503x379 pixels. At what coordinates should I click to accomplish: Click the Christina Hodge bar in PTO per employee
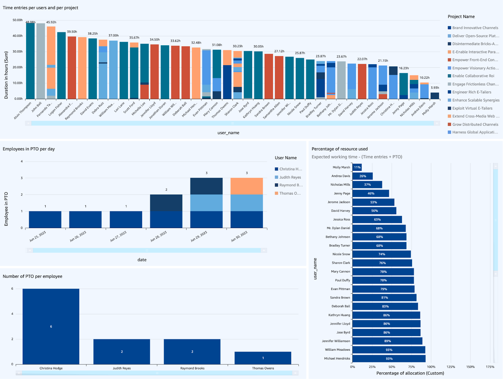(51, 326)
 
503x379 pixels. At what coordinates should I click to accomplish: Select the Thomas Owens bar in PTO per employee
(263, 358)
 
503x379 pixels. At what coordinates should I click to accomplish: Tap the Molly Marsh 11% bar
(357, 167)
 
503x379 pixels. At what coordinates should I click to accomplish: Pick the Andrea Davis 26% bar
(362, 176)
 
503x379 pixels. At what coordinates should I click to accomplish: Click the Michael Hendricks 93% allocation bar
(389, 359)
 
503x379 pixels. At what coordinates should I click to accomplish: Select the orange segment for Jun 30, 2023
(246, 186)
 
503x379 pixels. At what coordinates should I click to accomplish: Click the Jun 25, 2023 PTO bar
(45, 220)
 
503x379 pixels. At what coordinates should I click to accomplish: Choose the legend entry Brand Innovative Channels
(475, 28)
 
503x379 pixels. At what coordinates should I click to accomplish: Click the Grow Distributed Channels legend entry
(475, 125)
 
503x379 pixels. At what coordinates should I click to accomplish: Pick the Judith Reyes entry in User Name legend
(290, 177)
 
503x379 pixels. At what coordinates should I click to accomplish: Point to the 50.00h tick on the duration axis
(18, 20)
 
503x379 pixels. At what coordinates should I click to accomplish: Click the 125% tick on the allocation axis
(451, 367)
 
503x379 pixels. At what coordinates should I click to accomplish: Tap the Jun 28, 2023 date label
(159, 236)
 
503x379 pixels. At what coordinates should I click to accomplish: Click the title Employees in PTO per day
(29, 149)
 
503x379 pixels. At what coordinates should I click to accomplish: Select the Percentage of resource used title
(340, 149)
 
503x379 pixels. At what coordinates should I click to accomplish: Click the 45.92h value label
(51, 22)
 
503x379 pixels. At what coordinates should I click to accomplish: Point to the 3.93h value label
(435, 88)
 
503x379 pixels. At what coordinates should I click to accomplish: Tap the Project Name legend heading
(461, 17)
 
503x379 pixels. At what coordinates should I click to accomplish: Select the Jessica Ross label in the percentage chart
(341, 220)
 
